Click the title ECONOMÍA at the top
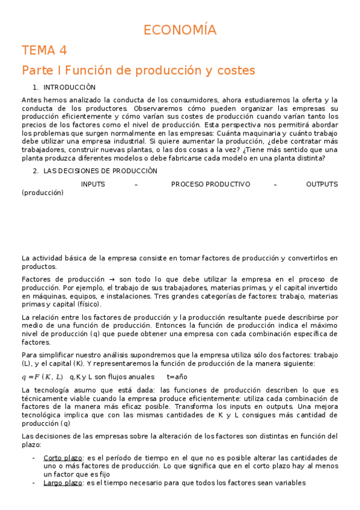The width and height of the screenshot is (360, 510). [x=180, y=30]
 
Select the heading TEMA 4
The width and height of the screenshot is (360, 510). [x=44, y=50]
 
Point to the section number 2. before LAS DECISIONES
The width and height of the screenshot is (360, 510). [x=35, y=171]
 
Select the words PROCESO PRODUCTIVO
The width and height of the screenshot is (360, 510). [x=210, y=184]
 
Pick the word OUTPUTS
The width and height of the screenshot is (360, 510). [x=322, y=184]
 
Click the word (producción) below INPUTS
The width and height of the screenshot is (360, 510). [x=42, y=193]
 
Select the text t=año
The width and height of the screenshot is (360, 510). [x=177, y=377]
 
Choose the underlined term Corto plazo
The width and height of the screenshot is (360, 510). [x=63, y=458]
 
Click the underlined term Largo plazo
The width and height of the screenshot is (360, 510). [x=63, y=482]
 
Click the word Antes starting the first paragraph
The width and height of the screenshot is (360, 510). [x=32, y=100]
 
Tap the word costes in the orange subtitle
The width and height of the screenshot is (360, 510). [x=234, y=70]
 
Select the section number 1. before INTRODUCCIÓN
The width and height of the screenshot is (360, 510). [x=35, y=87]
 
